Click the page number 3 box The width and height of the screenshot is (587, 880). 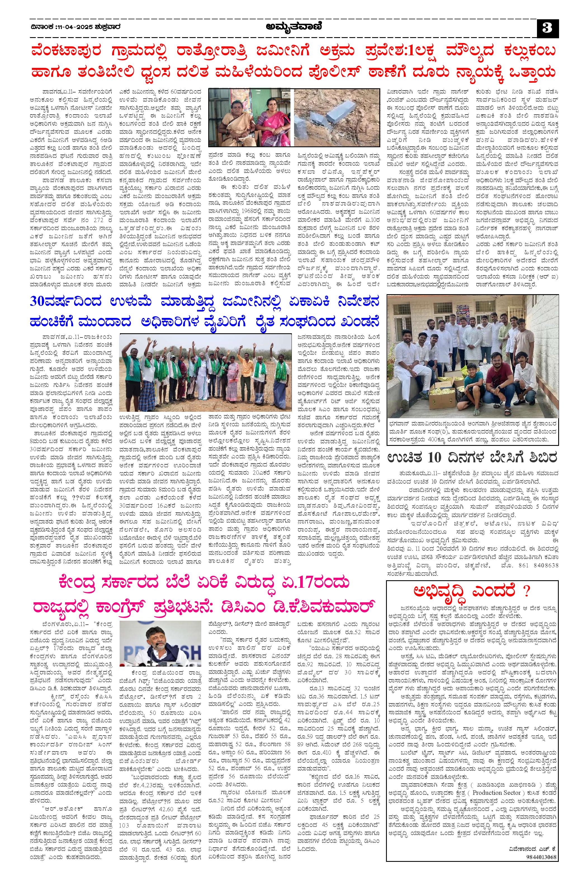548,28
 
